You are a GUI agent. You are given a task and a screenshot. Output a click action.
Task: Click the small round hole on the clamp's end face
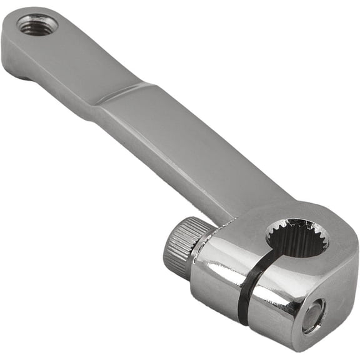314,314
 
